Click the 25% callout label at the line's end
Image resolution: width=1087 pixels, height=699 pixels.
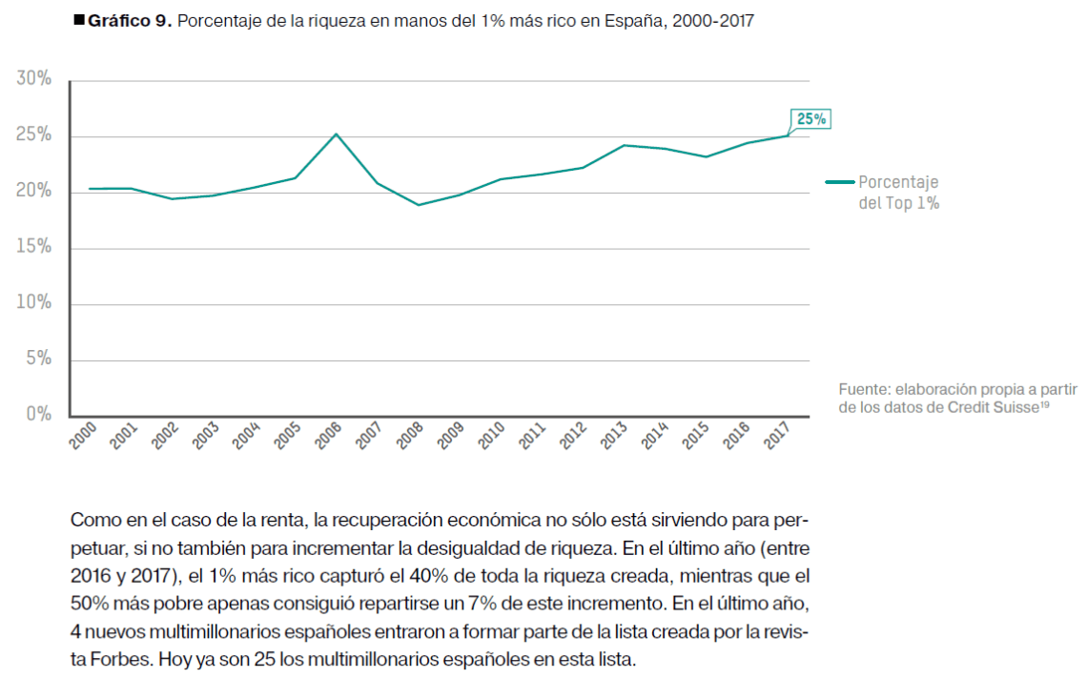(x=810, y=119)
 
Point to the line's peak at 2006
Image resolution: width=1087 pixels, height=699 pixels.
(x=335, y=134)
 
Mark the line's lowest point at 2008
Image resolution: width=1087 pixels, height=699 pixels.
(x=417, y=205)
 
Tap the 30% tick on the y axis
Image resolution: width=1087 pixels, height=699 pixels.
(x=34, y=79)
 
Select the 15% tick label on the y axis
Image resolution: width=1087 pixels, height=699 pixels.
(x=34, y=248)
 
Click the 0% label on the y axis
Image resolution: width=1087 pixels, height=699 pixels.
(x=39, y=415)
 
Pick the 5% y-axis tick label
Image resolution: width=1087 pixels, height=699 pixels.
(x=39, y=360)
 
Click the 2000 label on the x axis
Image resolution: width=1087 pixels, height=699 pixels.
(x=84, y=436)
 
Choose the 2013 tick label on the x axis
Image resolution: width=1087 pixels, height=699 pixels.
(x=615, y=436)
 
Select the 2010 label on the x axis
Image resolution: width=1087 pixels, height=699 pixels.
(x=492, y=436)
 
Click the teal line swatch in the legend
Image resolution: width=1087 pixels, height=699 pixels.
(x=839, y=182)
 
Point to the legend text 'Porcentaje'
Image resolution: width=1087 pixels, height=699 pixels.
(x=898, y=182)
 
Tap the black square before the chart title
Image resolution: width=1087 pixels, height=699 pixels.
(x=79, y=20)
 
